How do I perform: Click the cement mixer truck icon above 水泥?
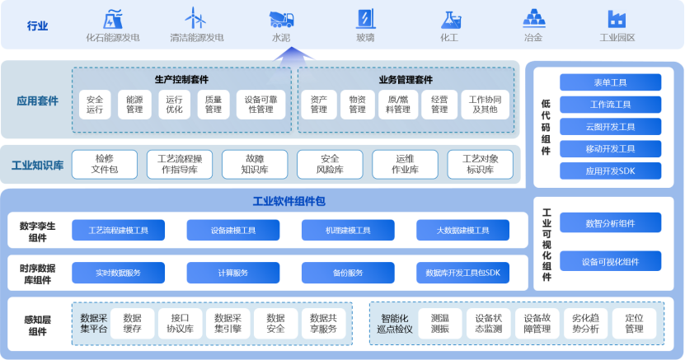click(x=281, y=19)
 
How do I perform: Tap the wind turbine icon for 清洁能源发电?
click(x=195, y=18)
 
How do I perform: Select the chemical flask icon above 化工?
click(x=449, y=19)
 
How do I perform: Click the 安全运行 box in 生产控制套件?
click(x=95, y=104)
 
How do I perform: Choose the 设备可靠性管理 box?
click(x=260, y=104)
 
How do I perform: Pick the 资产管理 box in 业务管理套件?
click(x=318, y=104)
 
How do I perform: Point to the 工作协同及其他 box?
click(x=485, y=104)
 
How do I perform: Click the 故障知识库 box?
click(x=255, y=164)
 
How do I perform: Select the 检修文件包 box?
click(x=105, y=164)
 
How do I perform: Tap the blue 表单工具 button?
click(x=610, y=82)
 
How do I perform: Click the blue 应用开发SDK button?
click(x=610, y=171)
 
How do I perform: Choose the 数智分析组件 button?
click(x=610, y=223)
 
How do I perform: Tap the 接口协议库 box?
click(x=181, y=323)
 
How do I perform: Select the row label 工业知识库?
click(x=37, y=166)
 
